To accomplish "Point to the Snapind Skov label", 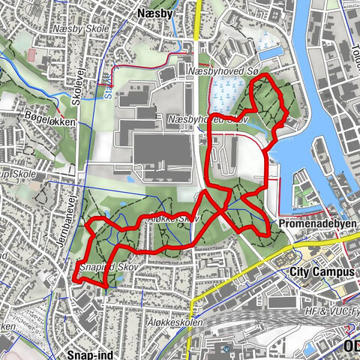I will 105,267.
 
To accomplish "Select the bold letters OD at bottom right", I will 351,346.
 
